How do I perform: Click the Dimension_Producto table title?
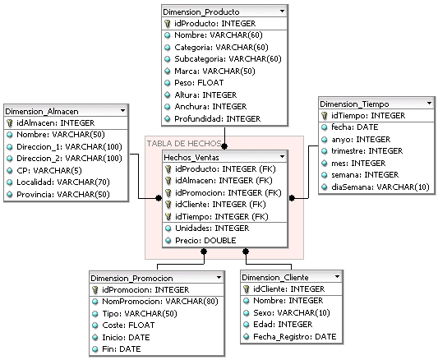coord(201,12)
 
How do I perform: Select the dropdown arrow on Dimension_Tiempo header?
coord(429,104)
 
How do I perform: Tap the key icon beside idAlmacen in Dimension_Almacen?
coord(10,123)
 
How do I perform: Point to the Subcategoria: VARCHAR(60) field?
coord(228,59)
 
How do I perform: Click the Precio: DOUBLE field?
coord(205,241)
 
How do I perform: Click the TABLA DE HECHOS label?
coord(184,144)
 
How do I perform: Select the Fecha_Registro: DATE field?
coord(294,337)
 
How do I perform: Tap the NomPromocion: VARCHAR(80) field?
coord(159,302)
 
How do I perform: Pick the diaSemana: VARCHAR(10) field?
coord(380,187)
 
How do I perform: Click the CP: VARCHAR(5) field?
coord(49,171)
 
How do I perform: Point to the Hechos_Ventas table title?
coord(191,158)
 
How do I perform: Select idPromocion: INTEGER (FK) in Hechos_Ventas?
coord(228,193)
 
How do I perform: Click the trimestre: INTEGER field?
coord(367,151)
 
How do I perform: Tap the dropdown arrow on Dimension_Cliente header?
coord(337,277)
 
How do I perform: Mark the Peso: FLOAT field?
coord(199,83)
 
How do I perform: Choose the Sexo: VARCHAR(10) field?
coord(292,313)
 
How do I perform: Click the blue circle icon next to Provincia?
coord(10,194)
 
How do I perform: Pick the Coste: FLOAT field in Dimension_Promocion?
coord(128,325)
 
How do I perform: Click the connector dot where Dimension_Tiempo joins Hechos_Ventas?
coord(292,198)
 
